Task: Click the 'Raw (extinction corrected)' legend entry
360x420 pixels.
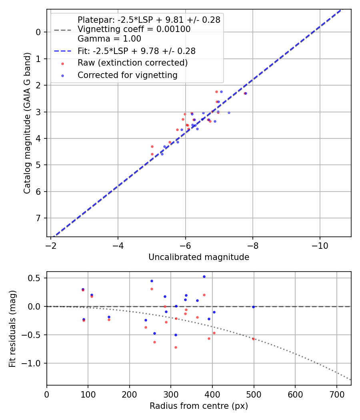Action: coord(132,63)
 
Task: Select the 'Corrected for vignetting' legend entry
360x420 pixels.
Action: coord(128,75)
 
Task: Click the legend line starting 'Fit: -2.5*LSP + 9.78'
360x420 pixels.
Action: coord(136,51)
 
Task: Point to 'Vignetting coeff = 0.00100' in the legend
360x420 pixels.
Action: coord(134,29)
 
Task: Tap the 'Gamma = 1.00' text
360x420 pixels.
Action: coord(109,39)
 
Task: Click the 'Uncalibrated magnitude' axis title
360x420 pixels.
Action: coord(199,257)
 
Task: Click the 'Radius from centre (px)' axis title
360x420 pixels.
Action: coord(199,406)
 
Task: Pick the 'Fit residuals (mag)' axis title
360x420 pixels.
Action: coord(12,328)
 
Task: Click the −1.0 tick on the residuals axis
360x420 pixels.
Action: coord(34,363)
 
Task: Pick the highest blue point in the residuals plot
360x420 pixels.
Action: coord(204,276)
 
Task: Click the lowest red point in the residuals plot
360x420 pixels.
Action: coord(176,347)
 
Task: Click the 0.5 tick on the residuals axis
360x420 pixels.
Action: coord(36,278)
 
